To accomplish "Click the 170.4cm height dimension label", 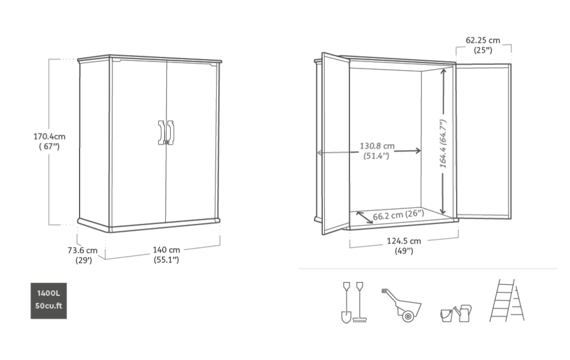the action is point(50,141).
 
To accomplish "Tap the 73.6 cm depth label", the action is point(83,255).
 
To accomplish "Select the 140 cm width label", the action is point(166,255).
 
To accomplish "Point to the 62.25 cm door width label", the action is point(483,45).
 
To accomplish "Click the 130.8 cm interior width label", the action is point(377,151).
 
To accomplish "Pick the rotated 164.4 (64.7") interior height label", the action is point(443,144).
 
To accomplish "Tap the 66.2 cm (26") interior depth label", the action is point(399,215).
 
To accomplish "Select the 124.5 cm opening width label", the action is point(404,245).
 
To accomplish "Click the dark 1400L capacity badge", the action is point(49,301).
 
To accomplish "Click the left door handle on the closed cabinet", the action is point(161,132).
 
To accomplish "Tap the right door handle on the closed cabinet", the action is point(170,132).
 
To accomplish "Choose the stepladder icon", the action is point(507,300).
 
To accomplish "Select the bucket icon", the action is point(446,315).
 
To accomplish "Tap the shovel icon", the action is point(346,302).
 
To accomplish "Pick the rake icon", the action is point(360,302).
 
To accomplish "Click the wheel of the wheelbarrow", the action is point(408,317).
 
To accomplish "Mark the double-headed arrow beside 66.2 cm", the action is point(364,217).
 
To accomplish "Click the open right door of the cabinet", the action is point(484,141).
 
